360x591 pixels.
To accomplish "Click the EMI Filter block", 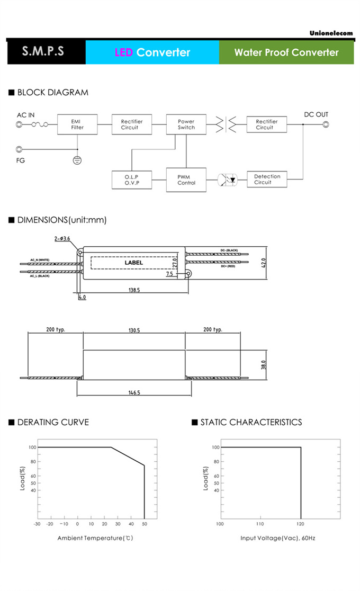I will [x=77, y=124].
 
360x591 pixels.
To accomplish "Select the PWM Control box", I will [x=186, y=180].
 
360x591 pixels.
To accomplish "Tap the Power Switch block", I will [x=186, y=124].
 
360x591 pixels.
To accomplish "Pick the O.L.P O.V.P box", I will [x=131, y=180].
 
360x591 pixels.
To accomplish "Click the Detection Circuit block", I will [x=267, y=180].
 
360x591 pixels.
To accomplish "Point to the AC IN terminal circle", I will [x=20, y=125].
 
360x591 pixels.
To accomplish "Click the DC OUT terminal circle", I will [x=326, y=125].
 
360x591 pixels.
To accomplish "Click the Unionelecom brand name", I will [x=331, y=33].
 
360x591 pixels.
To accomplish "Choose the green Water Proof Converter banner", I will [x=286, y=52].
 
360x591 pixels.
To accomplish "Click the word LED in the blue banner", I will [x=123, y=52].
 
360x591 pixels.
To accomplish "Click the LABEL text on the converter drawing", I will [x=133, y=263].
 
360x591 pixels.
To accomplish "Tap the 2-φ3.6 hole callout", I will [x=62, y=239].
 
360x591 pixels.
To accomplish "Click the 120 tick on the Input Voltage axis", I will [x=301, y=524].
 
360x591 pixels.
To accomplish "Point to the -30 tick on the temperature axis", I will [x=37, y=524].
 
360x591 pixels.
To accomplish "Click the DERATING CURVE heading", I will [x=53, y=422].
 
